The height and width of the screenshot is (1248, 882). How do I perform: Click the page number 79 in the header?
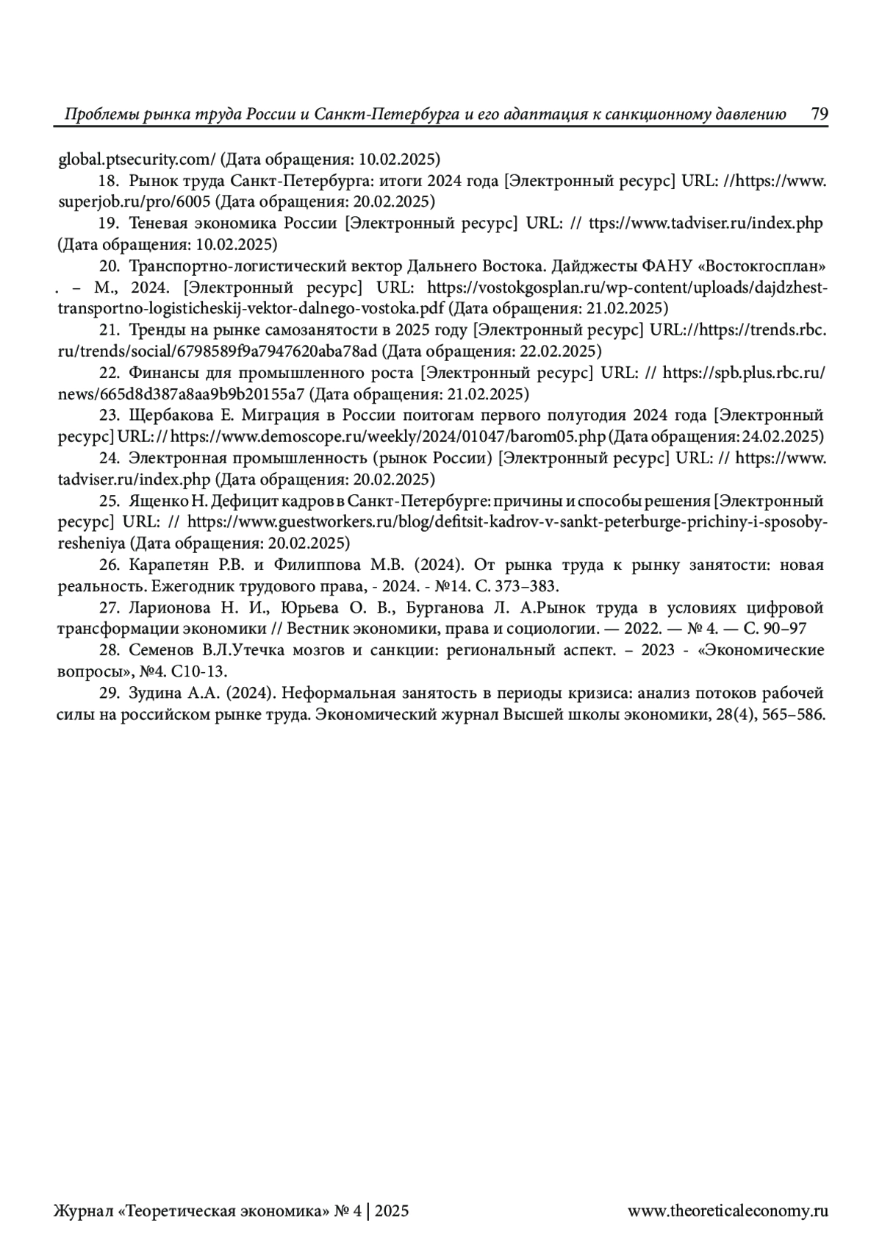[820, 114]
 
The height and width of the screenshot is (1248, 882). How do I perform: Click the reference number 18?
[108, 181]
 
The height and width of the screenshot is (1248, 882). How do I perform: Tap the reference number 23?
[108, 416]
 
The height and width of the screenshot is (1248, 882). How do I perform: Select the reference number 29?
[108, 693]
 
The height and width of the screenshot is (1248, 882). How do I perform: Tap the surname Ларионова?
[167, 608]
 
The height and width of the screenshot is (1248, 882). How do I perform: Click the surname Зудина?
[152, 693]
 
